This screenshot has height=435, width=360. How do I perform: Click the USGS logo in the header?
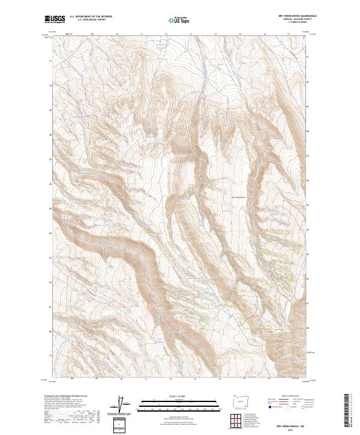point(55,20)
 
